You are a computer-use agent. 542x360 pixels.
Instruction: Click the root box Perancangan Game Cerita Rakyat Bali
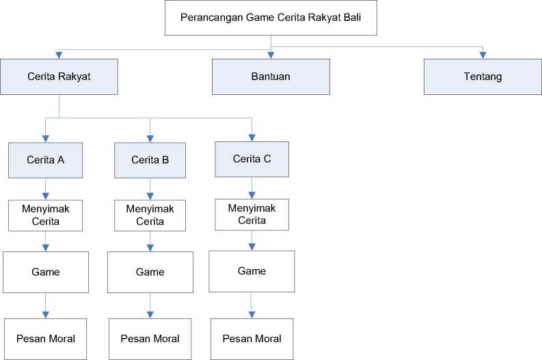tap(271, 18)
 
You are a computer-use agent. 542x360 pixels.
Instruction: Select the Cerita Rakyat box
tap(59, 76)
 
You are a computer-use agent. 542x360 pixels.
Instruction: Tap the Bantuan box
tap(271, 76)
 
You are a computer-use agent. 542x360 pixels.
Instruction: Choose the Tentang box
tap(483, 76)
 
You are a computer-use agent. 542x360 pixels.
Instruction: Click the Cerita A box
tap(46, 160)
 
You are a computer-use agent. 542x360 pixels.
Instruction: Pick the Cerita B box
tap(150, 160)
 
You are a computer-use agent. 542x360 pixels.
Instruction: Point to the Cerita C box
tap(252, 158)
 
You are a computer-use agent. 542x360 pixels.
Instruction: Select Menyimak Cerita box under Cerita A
tap(46, 214)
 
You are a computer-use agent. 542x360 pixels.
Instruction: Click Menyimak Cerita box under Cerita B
tap(150, 214)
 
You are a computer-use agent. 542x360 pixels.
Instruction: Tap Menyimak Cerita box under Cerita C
tap(252, 214)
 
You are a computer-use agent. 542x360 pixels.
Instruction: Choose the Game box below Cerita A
tap(46, 272)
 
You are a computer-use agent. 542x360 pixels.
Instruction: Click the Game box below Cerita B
tap(150, 272)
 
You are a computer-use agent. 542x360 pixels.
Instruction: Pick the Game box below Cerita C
tap(252, 271)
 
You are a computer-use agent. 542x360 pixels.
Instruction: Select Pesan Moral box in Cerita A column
tap(46, 338)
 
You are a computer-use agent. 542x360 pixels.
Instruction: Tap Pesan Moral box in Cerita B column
tap(150, 338)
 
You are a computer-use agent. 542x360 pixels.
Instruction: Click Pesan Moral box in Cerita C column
tap(252, 338)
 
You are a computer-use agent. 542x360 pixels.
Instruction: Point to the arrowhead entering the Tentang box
tap(483, 55)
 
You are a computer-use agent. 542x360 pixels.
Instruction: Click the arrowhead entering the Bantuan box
tap(271, 55)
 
